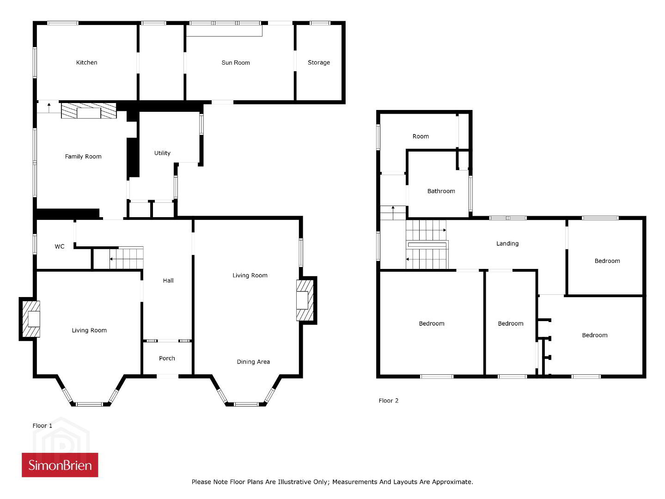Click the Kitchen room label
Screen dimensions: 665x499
[x=86, y=63]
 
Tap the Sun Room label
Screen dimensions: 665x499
[x=236, y=63]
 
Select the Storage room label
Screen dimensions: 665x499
[x=319, y=63]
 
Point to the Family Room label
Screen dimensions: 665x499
[x=83, y=157]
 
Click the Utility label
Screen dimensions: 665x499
[x=162, y=153]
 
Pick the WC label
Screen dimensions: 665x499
[x=59, y=246]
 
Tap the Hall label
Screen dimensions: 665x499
[x=168, y=281]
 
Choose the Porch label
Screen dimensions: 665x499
[x=167, y=359]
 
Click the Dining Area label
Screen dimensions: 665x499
[x=253, y=362]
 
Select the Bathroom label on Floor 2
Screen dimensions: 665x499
[x=441, y=191]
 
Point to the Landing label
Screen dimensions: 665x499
[x=507, y=244]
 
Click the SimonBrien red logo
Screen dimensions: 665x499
[x=60, y=465]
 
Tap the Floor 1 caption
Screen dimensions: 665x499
[x=43, y=426]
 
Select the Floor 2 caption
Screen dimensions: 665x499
[x=388, y=401]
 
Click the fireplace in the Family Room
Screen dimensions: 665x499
[x=89, y=111]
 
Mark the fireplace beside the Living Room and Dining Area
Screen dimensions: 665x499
[x=305, y=300]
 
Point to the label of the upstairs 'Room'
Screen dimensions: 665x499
[x=421, y=137]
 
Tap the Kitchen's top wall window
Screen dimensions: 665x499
[x=63, y=23]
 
